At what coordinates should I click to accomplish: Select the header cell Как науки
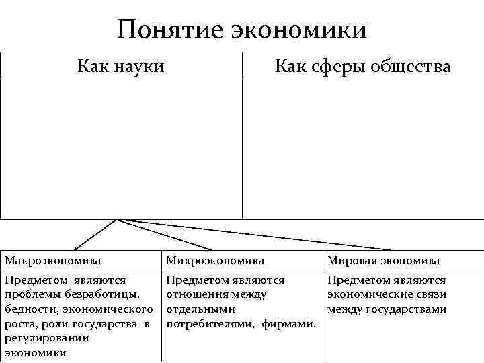click(121, 66)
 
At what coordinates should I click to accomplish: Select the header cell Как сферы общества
click(363, 66)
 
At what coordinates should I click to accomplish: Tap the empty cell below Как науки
click(121, 149)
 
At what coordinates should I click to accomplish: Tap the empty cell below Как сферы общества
click(363, 149)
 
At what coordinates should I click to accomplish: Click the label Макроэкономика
click(53, 260)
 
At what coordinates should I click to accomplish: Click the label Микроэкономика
click(215, 260)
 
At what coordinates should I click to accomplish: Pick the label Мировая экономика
click(383, 260)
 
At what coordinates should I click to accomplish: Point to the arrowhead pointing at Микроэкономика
click(210, 249)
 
